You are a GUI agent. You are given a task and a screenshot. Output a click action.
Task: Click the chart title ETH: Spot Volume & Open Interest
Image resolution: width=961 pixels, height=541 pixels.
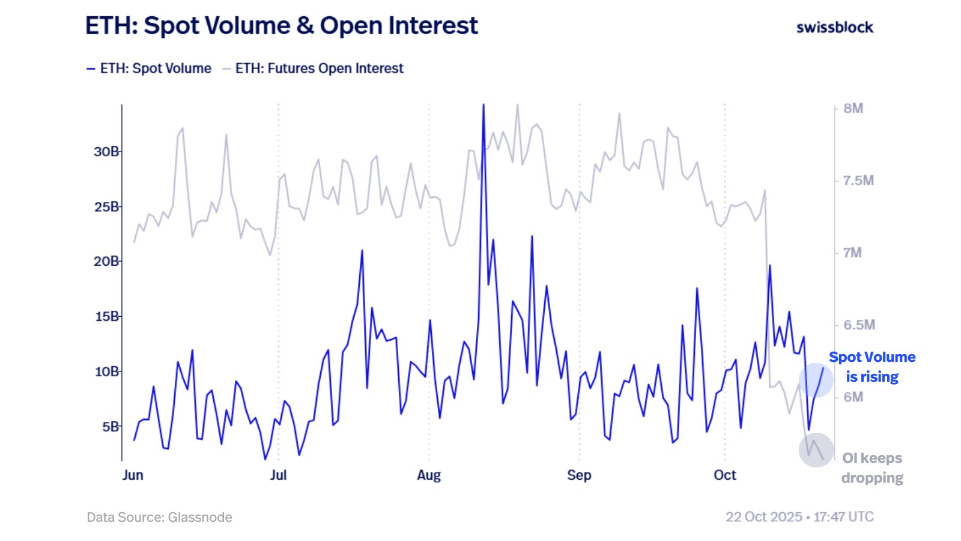pyautogui.click(x=281, y=26)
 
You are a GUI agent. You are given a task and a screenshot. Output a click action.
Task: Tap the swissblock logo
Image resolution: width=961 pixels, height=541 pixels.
pyautogui.click(x=834, y=27)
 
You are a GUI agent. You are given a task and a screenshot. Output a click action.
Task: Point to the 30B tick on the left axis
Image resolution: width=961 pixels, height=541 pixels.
pyautogui.click(x=106, y=151)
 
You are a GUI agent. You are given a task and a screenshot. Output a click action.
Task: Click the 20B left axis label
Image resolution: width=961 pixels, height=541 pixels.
pyautogui.click(x=106, y=261)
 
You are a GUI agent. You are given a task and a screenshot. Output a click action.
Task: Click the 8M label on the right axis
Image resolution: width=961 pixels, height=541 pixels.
pyautogui.click(x=853, y=108)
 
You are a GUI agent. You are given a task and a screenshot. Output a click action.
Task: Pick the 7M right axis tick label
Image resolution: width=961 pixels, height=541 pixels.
pyautogui.click(x=852, y=252)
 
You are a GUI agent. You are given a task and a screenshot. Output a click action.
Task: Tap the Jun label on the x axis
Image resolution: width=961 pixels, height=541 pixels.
pyautogui.click(x=133, y=475)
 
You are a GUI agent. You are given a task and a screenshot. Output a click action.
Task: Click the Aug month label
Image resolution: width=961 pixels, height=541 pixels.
pyautogui.click(x=429, y=475)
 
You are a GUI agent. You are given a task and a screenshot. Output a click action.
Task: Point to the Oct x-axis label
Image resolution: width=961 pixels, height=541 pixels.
pyautogui.click(x=724, y=475)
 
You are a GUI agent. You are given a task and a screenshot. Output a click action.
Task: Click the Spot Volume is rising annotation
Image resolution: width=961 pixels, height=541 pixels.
pyautogui.click(x=872, y=367)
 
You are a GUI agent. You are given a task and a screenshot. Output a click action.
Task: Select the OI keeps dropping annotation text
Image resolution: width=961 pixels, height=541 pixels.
pyautogui.click(x=872, y=468)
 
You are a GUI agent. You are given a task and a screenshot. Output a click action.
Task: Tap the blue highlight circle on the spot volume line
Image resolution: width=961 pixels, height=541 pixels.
pyautogui.click(x=816, y=380)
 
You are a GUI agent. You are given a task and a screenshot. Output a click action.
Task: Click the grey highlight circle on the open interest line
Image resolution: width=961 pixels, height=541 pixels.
pyautogui.click(x=816, y=450)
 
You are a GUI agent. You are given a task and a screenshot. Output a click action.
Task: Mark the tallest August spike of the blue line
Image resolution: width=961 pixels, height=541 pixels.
pyautogui.click(x=483, y=106)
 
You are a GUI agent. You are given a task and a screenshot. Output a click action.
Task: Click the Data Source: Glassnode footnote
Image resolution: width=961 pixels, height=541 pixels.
pyautogui.click(x=159, y=517)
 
